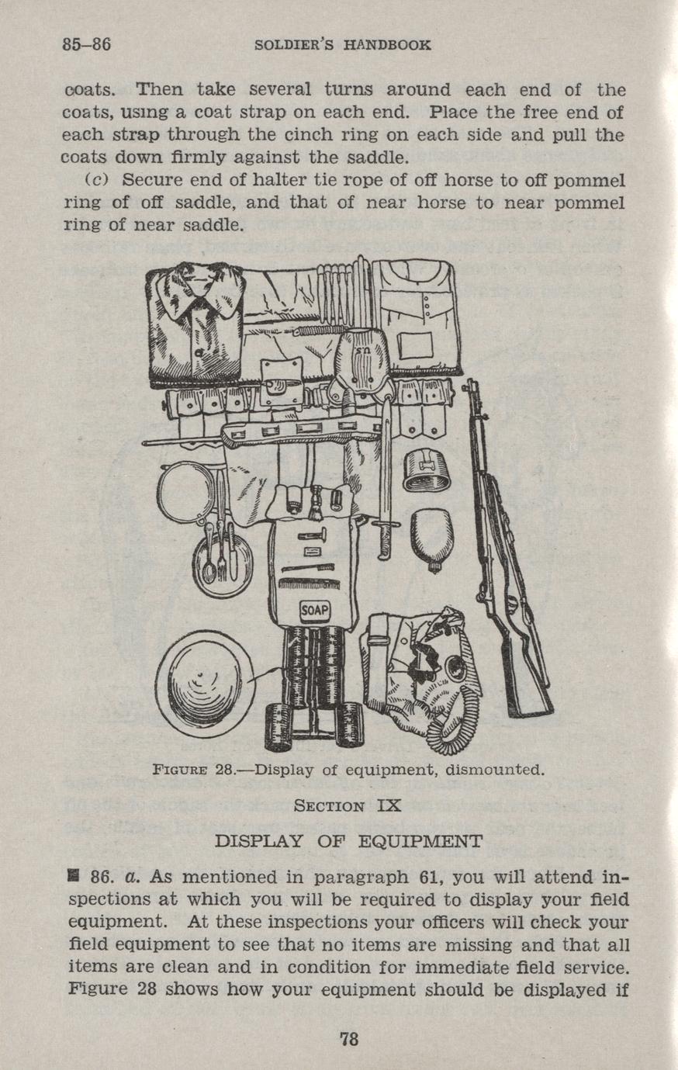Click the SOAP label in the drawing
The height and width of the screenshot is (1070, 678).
pos(316,611)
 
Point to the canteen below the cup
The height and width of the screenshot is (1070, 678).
pos(432,538)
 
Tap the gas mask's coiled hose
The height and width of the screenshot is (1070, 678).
pos(450,729)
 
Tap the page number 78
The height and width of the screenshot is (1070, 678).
pos(348,1039)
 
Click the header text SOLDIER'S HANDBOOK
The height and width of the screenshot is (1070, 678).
pos(342,45)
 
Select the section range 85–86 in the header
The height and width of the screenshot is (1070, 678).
pos(86,44)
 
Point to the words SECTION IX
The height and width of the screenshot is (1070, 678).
pos(348,805)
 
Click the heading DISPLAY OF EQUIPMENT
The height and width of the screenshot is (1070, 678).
pos(348,841)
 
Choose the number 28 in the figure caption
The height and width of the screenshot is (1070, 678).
pos(224,770)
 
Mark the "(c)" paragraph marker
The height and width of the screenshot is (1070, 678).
pos(94,181)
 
